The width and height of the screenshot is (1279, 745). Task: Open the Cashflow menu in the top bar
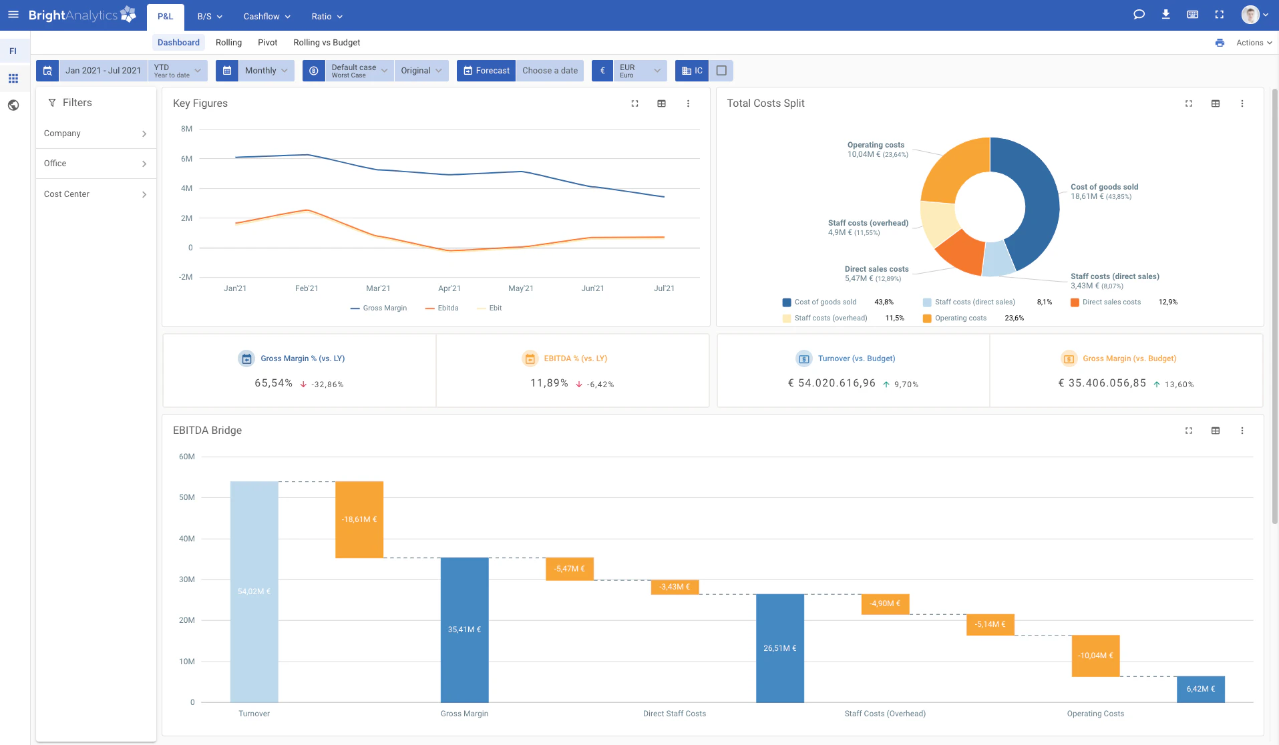coord(266,16)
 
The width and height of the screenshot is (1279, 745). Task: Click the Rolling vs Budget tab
coord(327,43)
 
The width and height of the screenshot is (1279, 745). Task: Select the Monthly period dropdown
coord(265,71)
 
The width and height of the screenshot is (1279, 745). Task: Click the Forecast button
coord(486,71)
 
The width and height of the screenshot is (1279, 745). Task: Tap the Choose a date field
coord(550,71)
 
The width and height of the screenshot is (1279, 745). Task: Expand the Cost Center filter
coord(96,194)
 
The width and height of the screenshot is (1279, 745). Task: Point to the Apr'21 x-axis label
coord(449,288)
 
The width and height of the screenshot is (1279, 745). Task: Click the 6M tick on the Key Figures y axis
coord(186,159)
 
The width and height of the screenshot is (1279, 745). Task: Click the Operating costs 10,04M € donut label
coord(876,150)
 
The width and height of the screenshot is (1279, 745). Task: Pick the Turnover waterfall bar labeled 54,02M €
coord(254,591)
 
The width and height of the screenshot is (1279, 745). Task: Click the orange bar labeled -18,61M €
coord(359,519)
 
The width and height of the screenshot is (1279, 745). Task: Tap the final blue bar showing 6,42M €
coord(1200,689)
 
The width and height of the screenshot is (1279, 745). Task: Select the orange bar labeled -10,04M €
coord(1095,656)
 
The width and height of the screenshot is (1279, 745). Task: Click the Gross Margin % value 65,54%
coord(273,383)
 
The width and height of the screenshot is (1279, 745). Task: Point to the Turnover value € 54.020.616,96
coord(832,383)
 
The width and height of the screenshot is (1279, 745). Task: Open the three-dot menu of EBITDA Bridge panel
coord(1242,431)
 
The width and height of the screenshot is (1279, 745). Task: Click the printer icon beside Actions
coord(1220,43)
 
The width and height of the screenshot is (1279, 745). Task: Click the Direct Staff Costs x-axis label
coord(674,714)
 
